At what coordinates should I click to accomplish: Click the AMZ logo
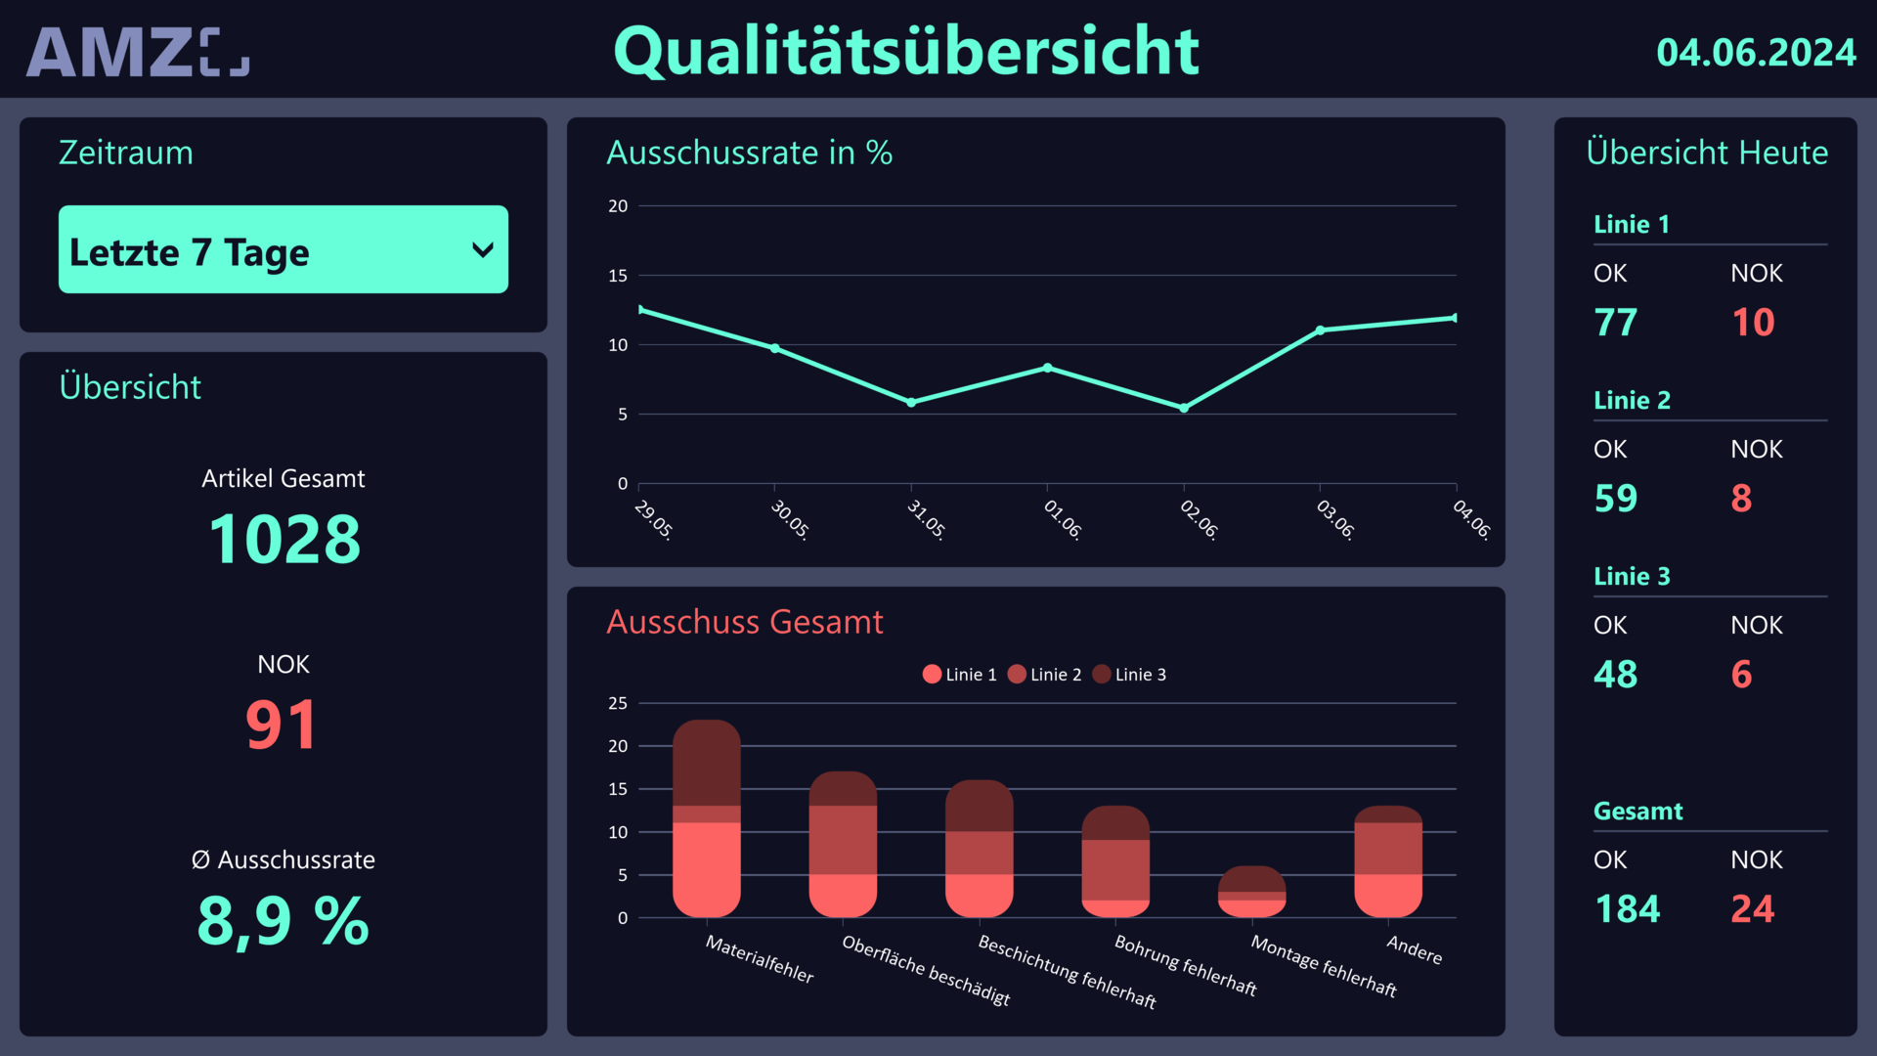tap(137, 53)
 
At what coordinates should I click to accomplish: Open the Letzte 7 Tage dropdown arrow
tap(482, 250)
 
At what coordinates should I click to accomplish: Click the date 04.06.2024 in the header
tap(1756, 53)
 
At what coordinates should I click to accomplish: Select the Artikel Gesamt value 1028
tap(284, 540)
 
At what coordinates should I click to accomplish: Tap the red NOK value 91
tap(282, 726)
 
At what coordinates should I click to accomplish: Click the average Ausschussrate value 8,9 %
tap(284, 921)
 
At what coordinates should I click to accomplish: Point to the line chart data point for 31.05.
tap(911, 402)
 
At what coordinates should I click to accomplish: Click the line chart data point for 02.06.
tap(1184, 408)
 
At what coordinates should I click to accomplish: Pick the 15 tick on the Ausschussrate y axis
tap(618, 276)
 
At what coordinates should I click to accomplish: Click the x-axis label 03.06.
tap(1335, 519)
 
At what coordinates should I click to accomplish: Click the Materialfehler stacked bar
tap(707, 819)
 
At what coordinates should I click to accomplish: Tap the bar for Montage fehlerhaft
tap(1251, 892)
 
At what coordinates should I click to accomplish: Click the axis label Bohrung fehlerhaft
tap(1186, 965)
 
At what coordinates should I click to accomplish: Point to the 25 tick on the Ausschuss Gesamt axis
tap(618, 703)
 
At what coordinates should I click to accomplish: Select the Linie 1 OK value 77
tap(1615, 323)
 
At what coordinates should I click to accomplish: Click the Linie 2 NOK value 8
tap(1741, 499)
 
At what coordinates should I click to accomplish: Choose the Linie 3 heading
tap(1632, 577)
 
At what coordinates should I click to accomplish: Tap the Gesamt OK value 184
tap(1627, 909)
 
